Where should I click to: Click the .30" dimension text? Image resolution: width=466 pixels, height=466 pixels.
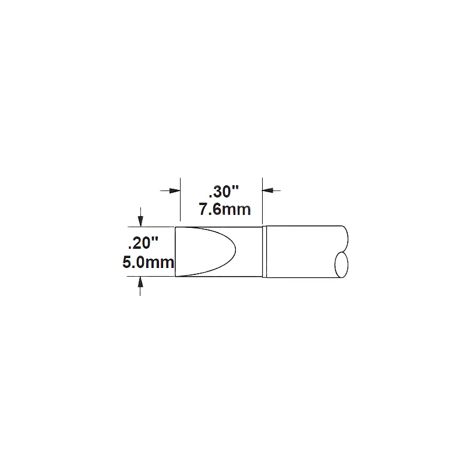pos(224,192)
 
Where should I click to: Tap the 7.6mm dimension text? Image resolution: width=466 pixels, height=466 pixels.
pos(225,210)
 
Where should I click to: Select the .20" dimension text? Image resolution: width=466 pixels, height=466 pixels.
pos(143,243)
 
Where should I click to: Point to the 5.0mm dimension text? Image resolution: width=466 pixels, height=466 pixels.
pos(148,263)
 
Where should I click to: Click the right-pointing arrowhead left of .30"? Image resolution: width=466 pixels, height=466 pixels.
pos(175,190)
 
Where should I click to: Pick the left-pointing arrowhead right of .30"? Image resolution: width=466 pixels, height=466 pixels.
pos(268,190)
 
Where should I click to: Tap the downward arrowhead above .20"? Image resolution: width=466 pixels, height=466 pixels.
pos(140,221)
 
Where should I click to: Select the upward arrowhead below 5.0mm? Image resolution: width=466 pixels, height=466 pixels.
pos(140,282)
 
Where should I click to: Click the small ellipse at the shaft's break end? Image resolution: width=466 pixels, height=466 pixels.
pos(341,265)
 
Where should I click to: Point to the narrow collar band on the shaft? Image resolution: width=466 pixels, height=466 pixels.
pos(264,252)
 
